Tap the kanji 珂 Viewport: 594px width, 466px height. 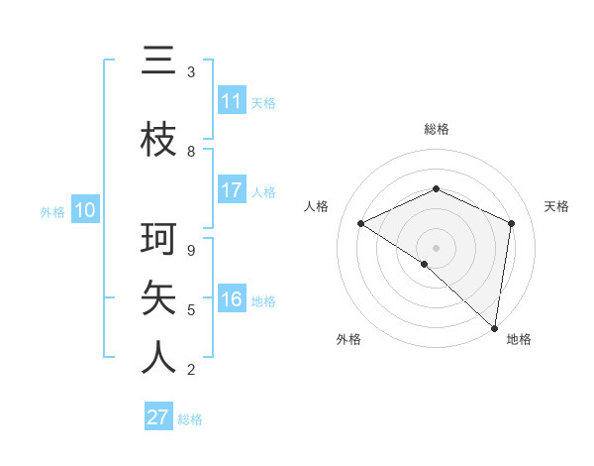[158, 241]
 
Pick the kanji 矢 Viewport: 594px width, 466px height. [158, 297]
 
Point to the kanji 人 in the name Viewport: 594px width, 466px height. [158, 357]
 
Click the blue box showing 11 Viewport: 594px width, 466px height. [232, 101]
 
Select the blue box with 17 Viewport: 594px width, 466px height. [232, 190]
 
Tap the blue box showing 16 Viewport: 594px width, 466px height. [232, 300]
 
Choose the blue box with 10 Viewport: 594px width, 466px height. [85, 210]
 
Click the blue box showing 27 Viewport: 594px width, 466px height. [158, 417]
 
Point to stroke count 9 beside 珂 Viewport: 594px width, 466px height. [191, 251]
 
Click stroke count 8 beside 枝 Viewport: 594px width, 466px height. [191, 152]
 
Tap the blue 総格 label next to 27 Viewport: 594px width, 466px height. [190, 419]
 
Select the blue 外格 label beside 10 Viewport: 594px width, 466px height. [52, 211]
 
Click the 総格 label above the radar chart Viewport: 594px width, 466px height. [437, 129]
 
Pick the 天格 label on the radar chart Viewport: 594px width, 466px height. [557, 206]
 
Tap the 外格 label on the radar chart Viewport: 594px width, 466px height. [348, 339]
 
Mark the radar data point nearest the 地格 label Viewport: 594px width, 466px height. [495, 327]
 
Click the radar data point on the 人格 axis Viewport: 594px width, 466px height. [361, 223]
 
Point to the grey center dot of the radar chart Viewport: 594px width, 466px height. [436, 247]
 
